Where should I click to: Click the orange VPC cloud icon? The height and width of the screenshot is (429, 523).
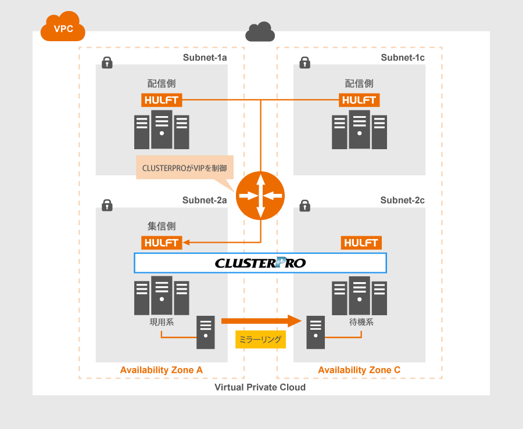[63, 27]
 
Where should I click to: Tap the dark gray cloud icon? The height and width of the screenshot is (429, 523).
[260, 32]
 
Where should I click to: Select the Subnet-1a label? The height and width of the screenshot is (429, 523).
[205, 57]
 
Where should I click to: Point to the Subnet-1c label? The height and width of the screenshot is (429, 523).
[403, 57]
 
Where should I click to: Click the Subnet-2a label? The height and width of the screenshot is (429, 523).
[205, 200]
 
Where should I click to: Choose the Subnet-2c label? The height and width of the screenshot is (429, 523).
[403, 200]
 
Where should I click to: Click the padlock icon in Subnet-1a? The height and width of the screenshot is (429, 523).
[107, 63]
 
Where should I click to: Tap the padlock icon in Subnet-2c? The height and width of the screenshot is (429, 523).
[305, 206]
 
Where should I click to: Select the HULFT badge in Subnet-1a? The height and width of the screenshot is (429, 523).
[162, 100]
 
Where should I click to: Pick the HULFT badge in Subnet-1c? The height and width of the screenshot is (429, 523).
[359, 100]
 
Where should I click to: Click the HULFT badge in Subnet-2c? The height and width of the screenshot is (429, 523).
[360, 243]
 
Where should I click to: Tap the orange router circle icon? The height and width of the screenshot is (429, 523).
[260, 196]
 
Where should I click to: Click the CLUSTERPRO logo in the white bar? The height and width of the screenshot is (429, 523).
[260, 263]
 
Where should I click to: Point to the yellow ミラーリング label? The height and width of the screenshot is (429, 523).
[261, 340]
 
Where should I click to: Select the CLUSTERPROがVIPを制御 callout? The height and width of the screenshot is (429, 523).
[185, 167]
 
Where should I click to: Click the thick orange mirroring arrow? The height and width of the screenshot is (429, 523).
[261, 320]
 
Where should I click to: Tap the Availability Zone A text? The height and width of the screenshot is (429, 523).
[161, 370]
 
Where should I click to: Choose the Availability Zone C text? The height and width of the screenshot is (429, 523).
[359, 370]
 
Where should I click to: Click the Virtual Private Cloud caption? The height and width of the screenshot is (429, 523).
[260, 387]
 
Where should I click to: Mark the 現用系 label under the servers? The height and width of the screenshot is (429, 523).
[162, 321]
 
